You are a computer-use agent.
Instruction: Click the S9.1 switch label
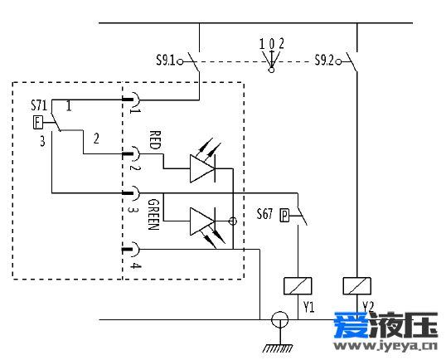[x=166, y=61]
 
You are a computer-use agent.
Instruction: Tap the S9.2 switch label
[x=324, y=61]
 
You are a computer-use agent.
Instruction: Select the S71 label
[x=39, y=105]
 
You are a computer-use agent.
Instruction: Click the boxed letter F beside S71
[x=37, y=123]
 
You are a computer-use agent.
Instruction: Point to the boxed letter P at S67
[x=284, y=216]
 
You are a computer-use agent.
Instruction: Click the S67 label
[x=264, y=214]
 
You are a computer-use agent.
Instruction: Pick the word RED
[x=155, y=140]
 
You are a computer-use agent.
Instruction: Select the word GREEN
[x=153, y=214]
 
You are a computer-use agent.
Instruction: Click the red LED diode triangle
[x=202, y=168]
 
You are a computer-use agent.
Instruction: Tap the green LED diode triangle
[x=202, y=221]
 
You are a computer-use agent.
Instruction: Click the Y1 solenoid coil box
[x=298, y=285]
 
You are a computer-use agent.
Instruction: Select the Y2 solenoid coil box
[x=357, y=285]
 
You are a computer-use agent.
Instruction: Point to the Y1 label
[x=309, y=307]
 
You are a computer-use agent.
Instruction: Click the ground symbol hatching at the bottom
[x=278, y=348]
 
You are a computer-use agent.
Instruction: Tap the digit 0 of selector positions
[x=272, y=44]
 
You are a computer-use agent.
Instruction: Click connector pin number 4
[x=136, y=265]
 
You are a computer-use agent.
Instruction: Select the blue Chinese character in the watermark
[x=351, y=325]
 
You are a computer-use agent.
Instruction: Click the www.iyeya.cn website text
[x=385, y=346]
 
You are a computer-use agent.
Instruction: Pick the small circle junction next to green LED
[x=233, y=221]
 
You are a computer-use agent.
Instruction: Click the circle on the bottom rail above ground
[x=280, y=319]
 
